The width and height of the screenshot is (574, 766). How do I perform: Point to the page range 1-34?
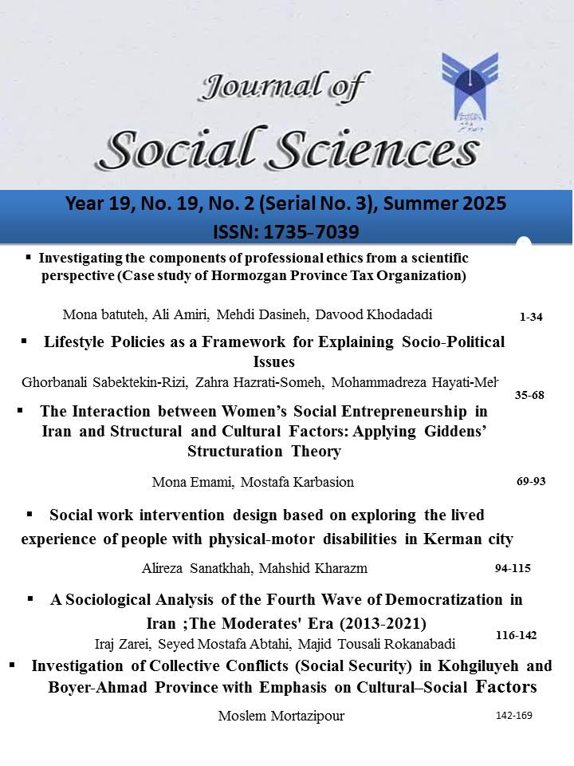[530, 318]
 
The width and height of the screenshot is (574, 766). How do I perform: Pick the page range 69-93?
[531, 481]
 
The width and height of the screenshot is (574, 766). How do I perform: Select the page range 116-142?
[516, 635]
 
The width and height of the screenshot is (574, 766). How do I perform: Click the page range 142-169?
[513, 715]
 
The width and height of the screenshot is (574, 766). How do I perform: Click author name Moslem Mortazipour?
[282, 716]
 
